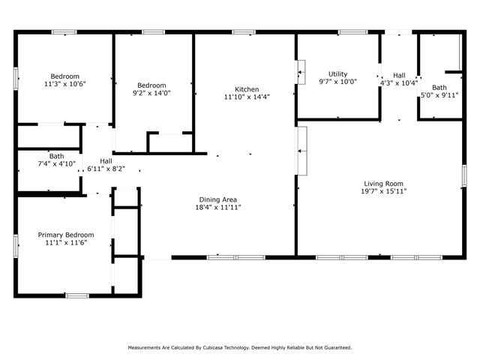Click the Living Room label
(384, 184)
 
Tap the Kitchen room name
(247, 88)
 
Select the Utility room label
(337, 73)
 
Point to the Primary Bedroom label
(66, 235)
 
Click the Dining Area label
(219, 199)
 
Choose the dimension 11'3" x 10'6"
(66, 84)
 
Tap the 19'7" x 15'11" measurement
(384, 191)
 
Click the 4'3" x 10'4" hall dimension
(399, 82)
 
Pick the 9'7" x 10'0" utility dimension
(337, 82)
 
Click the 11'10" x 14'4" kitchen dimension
(247, 97)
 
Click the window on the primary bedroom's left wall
(16, 244)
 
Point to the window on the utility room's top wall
(349, 32)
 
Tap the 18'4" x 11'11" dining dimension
(219, 207)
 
